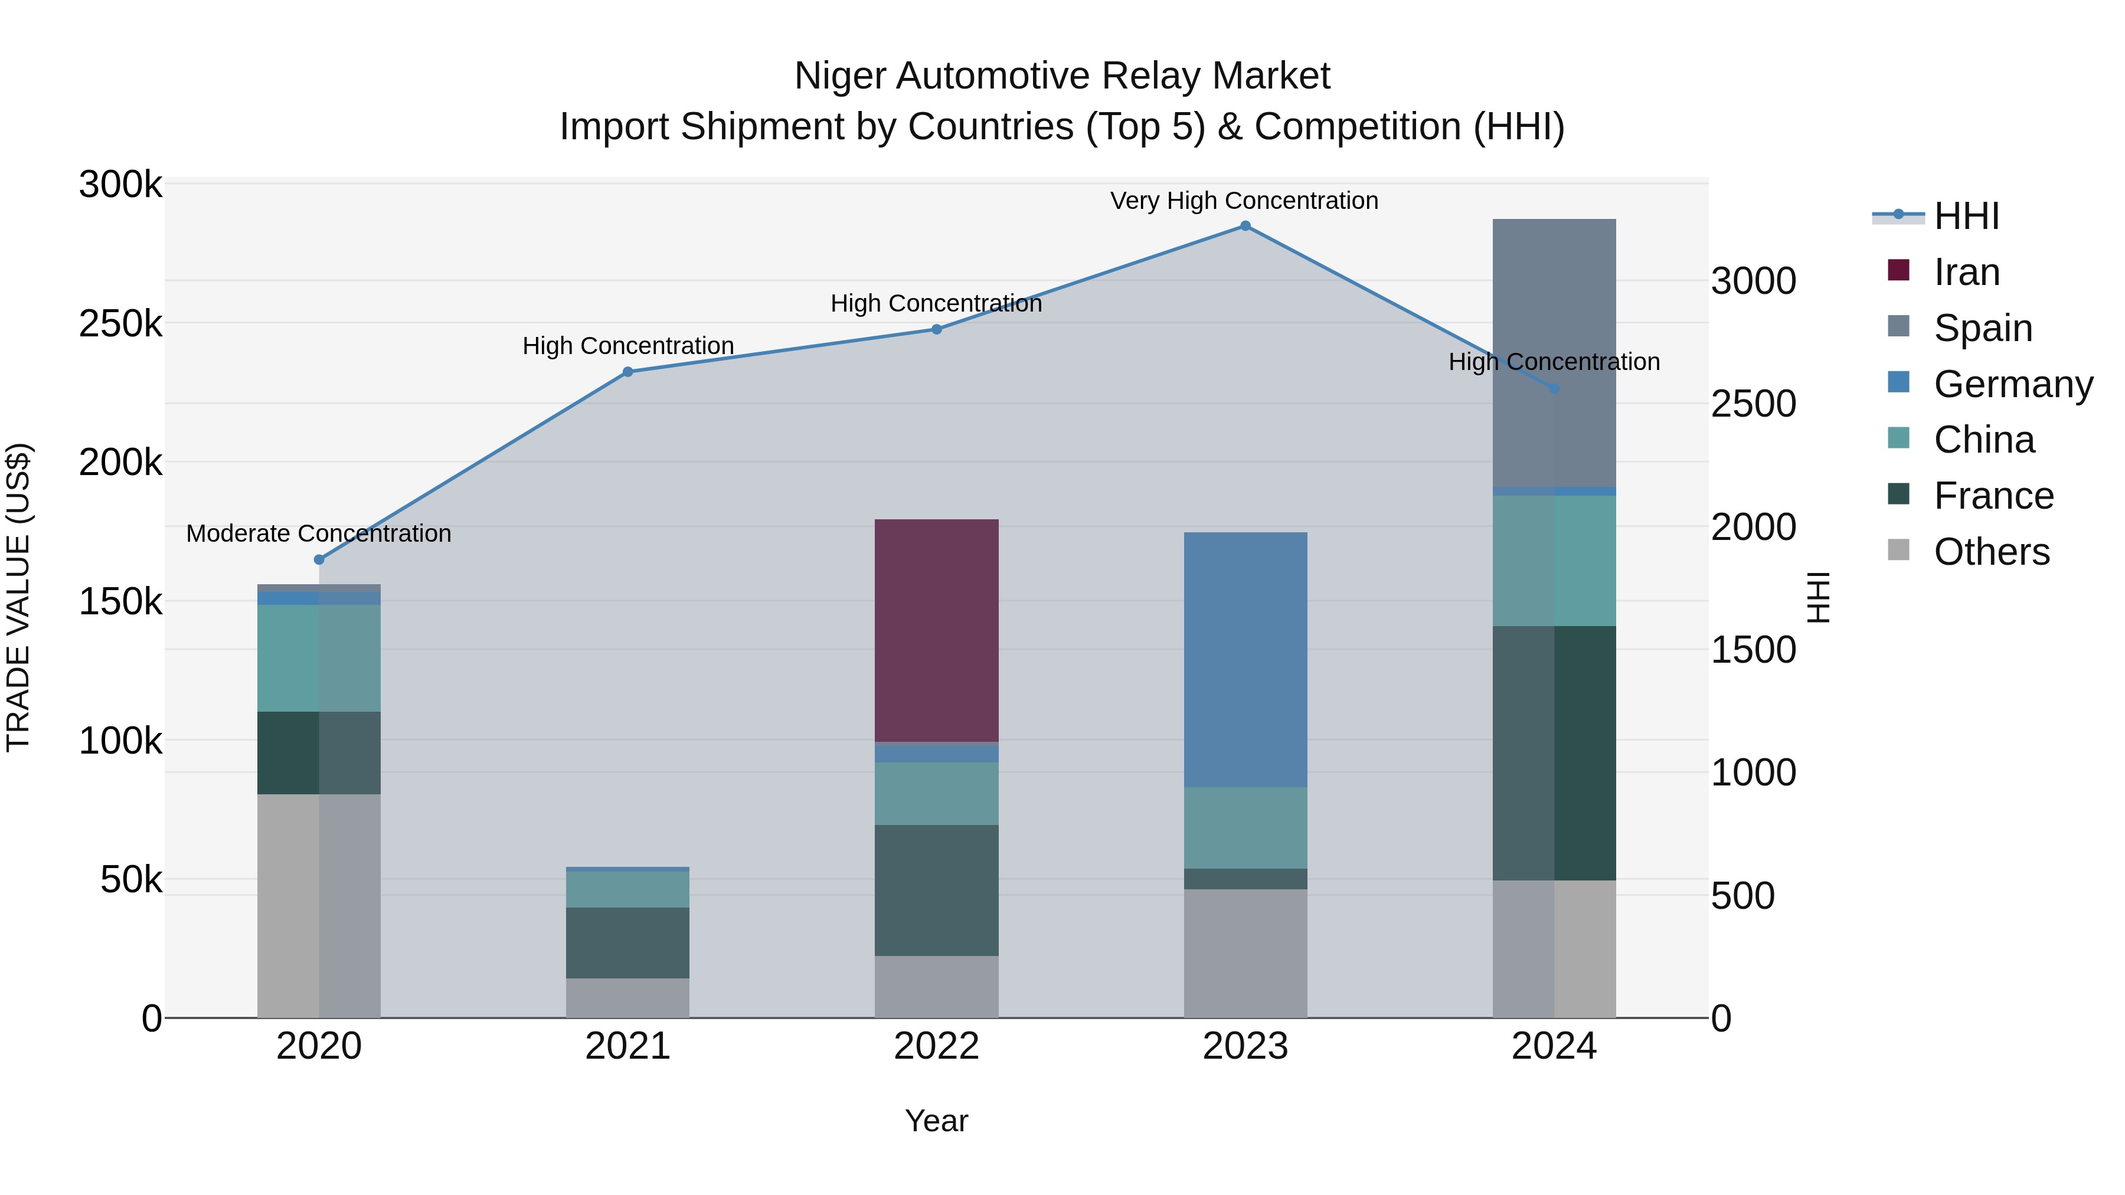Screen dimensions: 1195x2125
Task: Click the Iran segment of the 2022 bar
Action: (936, 630)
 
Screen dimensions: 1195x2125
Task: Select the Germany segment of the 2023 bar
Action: (1245, 659)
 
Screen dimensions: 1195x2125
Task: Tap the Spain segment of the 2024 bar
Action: (1554, 352)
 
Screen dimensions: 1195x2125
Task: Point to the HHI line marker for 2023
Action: (1245, 226)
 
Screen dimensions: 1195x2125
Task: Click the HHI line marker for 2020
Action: (319, 559)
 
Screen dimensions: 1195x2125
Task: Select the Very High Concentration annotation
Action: (1244, 201)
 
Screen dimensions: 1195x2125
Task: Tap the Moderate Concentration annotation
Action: (318, 533)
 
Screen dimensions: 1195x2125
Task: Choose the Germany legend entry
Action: (2013, 384)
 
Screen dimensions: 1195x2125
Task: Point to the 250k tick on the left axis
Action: (120, 323)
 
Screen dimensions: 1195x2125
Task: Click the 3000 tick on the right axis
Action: (1753, 281)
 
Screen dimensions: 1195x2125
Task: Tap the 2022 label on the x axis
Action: (936, 1046)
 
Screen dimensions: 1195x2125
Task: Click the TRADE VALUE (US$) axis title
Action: (18, 597)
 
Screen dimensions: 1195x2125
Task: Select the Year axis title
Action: (936, 1121)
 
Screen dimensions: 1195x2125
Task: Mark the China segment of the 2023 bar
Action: (1245, 827)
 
